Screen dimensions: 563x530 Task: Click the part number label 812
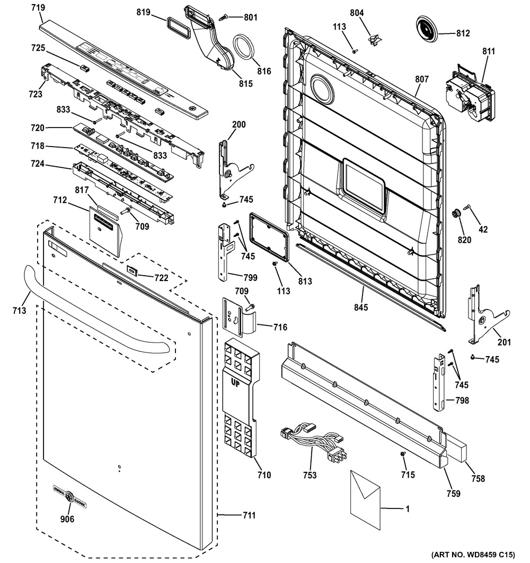463,33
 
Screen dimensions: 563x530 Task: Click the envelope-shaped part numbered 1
366,492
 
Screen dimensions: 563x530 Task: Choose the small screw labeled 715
403,455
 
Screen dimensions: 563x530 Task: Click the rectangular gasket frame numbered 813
269,235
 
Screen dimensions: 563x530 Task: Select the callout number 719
38,7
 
